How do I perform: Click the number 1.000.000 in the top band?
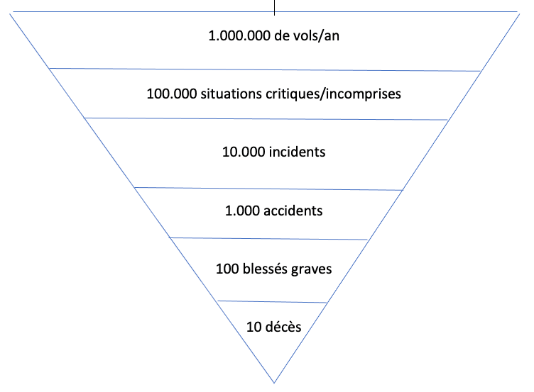[239, 35]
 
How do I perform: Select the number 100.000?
[172, 94]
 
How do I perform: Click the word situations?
[231, 94]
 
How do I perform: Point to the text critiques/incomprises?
[334, 94]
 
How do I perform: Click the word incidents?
[298, 152]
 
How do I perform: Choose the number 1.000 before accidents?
[242, 211]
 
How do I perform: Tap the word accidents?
[293, 211]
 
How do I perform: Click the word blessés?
[265, 269]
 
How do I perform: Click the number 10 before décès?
[254, 327]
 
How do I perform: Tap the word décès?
[283, 327]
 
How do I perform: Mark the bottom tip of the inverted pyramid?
[274, 383]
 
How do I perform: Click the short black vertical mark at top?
[274, 8]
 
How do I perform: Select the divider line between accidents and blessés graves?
[268, 239]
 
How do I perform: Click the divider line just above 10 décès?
[272, 301]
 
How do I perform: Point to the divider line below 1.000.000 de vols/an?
[265, 69]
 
